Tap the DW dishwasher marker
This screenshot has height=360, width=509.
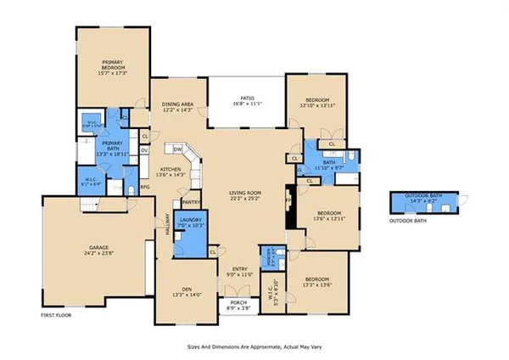[178, 149]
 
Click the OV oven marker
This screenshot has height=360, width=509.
[144, 151]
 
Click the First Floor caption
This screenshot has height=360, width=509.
[57, 315]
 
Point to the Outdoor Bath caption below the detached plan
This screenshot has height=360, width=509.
[408, 222]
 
